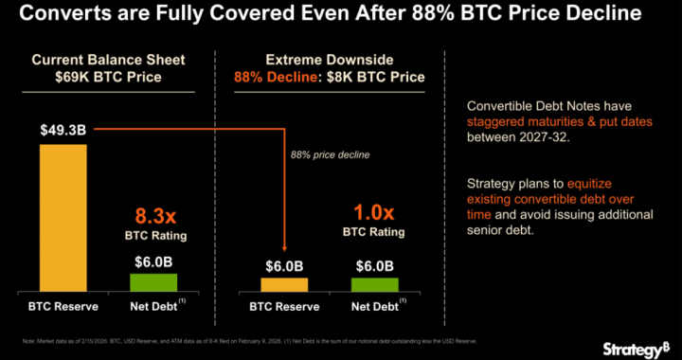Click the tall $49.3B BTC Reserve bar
pyautogui.click(x=63, y=218)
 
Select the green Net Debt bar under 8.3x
pyautogui.click(x=153, y=282)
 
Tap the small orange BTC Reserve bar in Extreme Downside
pyautogui.click(x=284, y=284)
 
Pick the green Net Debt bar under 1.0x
pyautogui.click(x=375, y=284)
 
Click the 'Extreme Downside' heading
pyautogui.click(x=331, y=59)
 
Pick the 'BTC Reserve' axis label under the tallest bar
pyautogui.click(x=63, y=306)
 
